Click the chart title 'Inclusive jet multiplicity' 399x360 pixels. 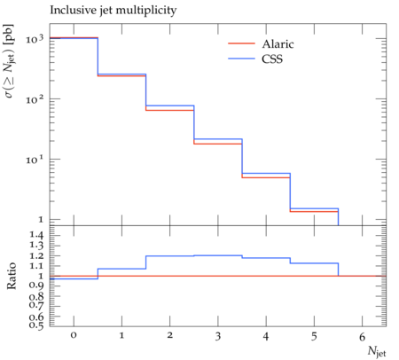113,11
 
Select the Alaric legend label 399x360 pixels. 278,44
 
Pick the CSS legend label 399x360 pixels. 272,59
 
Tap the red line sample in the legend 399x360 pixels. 241,43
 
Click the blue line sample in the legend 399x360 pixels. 241,59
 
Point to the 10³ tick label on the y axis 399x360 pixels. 35,39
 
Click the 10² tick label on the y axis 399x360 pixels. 35,99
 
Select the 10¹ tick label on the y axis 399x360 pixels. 35,160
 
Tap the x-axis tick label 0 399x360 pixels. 74,335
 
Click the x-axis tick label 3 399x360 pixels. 218,336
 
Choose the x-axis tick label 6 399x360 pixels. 362,336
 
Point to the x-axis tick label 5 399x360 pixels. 314,336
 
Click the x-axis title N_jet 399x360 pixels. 377,351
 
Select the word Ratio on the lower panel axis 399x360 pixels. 12,276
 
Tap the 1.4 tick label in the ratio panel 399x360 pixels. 36,236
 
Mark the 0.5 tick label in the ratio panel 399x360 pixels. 36,325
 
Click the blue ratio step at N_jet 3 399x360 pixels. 218,255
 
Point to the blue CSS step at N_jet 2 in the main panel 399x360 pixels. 170,106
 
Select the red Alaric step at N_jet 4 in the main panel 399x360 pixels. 266,177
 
